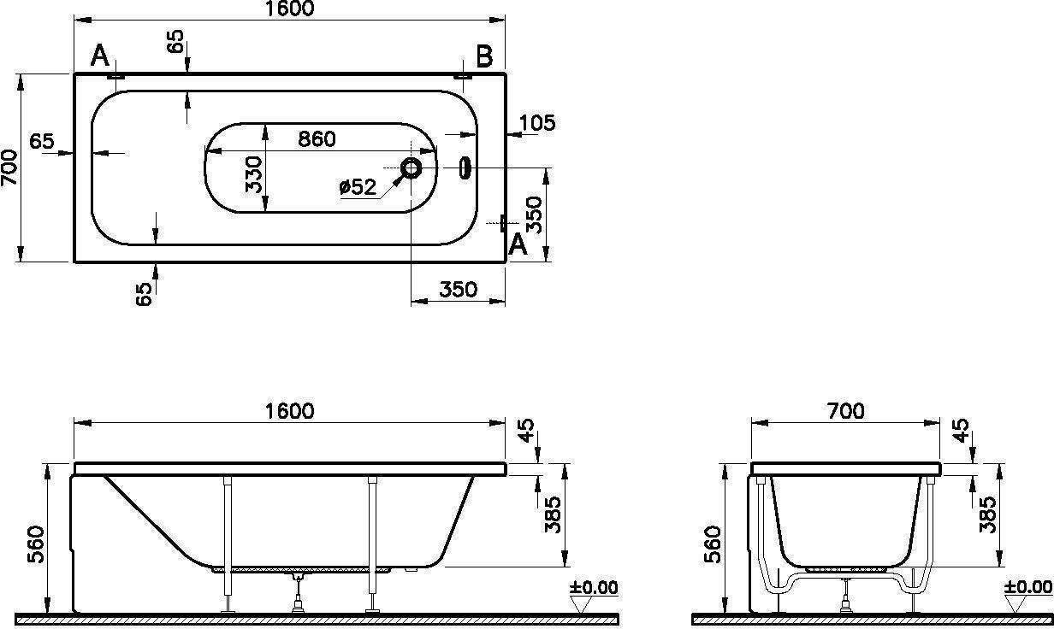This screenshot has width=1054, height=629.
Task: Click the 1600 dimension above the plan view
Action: point(290,9)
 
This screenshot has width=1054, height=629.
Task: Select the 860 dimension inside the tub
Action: point(317,138)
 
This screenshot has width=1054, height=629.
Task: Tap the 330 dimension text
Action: point(254,175)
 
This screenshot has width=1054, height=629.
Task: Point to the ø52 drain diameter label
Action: point(358,187)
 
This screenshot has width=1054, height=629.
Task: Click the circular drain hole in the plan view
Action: point(411,168)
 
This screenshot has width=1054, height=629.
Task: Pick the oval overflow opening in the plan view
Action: point(465,168)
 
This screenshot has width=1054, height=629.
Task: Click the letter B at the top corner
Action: point(484,56)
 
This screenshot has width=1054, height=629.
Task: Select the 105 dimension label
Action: point(537,123)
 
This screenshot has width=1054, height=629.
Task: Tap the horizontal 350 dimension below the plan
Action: point(459,289)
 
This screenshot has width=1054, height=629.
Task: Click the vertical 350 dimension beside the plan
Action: point(534,215)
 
